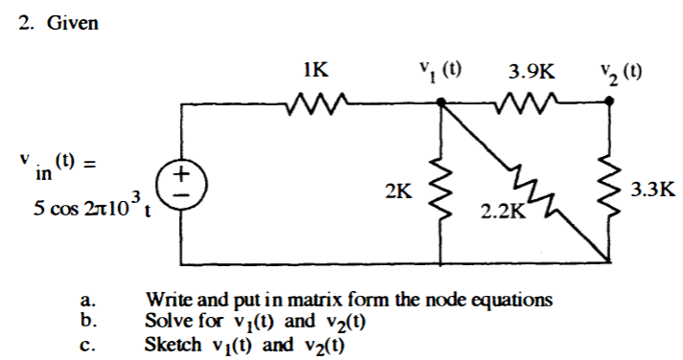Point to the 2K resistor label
398,191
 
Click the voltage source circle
184,182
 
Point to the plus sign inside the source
184,173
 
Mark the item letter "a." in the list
87,301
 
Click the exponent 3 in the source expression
137,197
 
